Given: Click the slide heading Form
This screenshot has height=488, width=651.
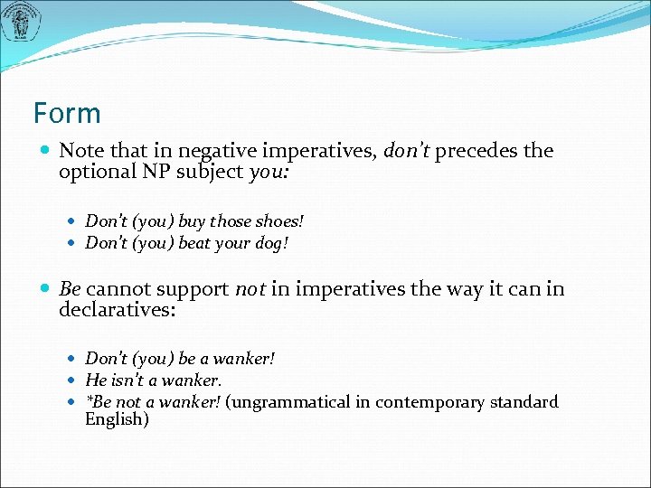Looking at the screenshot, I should [67, 114].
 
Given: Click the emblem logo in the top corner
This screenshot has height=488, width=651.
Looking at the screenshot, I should [20, 23].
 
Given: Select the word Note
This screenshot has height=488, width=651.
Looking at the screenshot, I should [81, 151].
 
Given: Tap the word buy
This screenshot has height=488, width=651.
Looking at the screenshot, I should [192, 221].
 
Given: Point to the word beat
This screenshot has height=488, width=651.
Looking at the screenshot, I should [195, 242].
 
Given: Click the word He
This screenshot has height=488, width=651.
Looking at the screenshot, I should [95, 380].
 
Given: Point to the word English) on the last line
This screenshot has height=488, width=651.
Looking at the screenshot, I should [117, 419].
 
